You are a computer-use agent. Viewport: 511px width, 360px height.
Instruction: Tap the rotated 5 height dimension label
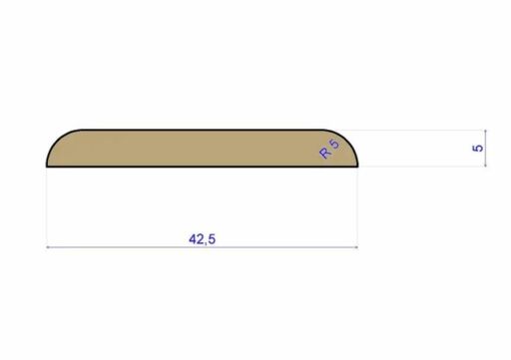click(478, 148)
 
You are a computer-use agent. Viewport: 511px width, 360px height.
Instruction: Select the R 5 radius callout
click(328, 150)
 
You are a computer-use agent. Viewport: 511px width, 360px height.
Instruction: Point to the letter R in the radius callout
click(324, 154)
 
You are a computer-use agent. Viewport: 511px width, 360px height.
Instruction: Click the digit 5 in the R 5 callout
click(333, 145)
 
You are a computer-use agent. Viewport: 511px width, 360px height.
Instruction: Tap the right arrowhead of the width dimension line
click(354, 245)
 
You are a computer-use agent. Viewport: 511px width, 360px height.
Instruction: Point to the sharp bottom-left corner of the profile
click(48, 167)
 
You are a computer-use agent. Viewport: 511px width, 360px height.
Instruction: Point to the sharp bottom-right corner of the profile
click(358, 167)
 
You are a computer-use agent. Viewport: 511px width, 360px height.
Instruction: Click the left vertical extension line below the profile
click(48, 209)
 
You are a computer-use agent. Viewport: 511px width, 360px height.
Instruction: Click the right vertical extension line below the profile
click(358, 209)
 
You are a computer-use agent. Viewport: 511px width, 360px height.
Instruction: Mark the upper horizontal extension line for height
click(419, 130)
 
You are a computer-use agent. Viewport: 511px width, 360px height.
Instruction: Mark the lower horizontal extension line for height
click(419, 168)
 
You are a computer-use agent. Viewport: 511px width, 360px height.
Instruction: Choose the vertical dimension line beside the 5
click(486, 149)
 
